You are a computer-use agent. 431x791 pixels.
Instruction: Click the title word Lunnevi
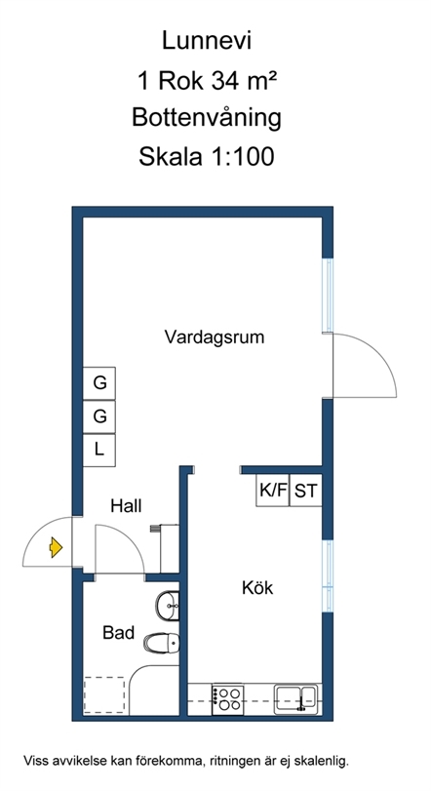[x=206, y=40]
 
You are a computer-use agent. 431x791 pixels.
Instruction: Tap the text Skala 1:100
[x=207, y=156]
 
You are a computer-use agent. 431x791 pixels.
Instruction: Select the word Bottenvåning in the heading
[x=207, y=119]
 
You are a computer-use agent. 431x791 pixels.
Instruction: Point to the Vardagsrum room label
[x=215, y=337]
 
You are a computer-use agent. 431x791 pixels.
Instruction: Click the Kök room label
[x=257, y=588]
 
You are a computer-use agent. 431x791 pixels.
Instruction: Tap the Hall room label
[x=126, y=505]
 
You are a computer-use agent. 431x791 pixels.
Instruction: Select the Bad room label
[x=118, y=633]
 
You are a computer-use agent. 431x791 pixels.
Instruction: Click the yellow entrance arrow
[x=56, y=547]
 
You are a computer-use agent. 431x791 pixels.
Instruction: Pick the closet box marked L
[x=99, y=450]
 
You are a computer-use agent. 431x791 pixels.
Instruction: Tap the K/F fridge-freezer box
[x=273, y=490]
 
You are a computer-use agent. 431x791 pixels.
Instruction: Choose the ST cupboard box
[x=306, y=490]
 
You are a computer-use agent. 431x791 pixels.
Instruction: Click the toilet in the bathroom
[x=162, y=643]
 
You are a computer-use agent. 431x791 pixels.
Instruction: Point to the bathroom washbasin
[x=168, y=607]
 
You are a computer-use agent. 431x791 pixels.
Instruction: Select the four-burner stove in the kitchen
[x=228, y=699]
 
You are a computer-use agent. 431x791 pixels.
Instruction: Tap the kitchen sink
[x=295, y=698]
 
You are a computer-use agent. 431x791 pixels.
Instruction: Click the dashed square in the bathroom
[x=104, y=694]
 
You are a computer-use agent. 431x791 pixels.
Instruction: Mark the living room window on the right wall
[x=328, y=296]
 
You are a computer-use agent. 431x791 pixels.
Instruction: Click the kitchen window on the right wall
[x=328, y=575]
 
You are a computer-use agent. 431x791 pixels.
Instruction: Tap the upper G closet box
[x=99, y=383]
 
